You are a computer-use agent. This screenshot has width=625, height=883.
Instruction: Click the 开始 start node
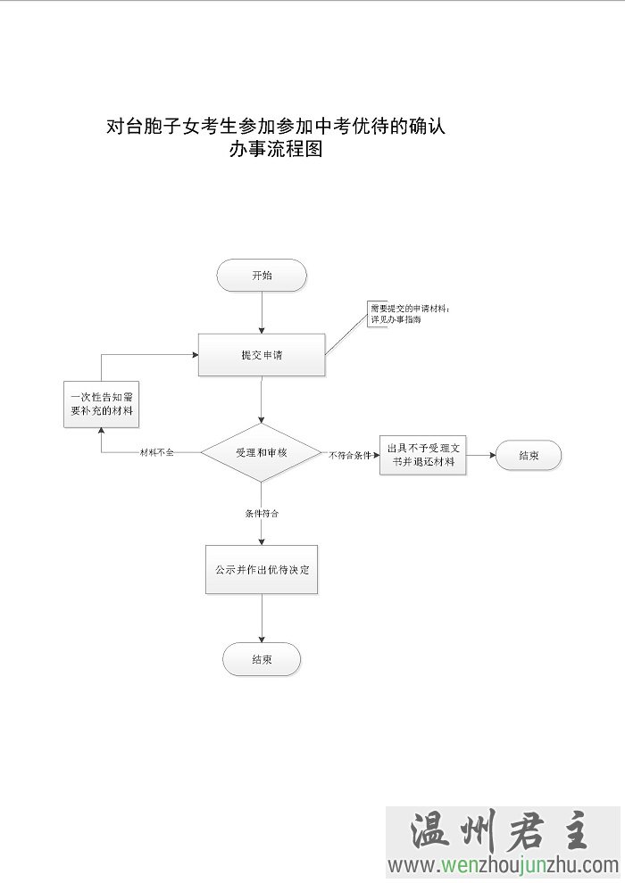[262, 276]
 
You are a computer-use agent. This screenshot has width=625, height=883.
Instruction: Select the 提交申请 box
[262, 355]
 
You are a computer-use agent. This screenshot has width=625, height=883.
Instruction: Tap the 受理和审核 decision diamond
[262, 453]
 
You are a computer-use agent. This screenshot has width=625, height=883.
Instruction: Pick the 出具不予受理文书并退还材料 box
[422, 455]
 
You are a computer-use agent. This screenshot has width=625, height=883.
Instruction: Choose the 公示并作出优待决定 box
[262, 569]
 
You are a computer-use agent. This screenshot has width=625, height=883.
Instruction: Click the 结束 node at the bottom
[262, 660]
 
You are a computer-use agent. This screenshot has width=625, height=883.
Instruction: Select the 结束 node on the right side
[529, 455]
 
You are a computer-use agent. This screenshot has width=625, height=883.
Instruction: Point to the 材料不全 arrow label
[157, 453]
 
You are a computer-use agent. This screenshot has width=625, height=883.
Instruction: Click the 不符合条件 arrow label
[350, 455]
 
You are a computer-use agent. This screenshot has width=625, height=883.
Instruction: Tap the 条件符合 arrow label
[262, 514]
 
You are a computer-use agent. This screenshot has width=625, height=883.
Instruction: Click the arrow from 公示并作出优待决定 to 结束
[262, 618]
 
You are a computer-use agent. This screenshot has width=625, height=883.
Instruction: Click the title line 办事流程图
[275, 150]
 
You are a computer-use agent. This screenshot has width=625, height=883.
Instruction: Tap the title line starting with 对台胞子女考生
[275, 127]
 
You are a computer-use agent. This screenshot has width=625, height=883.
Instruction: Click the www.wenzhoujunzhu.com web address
[503, 864]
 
